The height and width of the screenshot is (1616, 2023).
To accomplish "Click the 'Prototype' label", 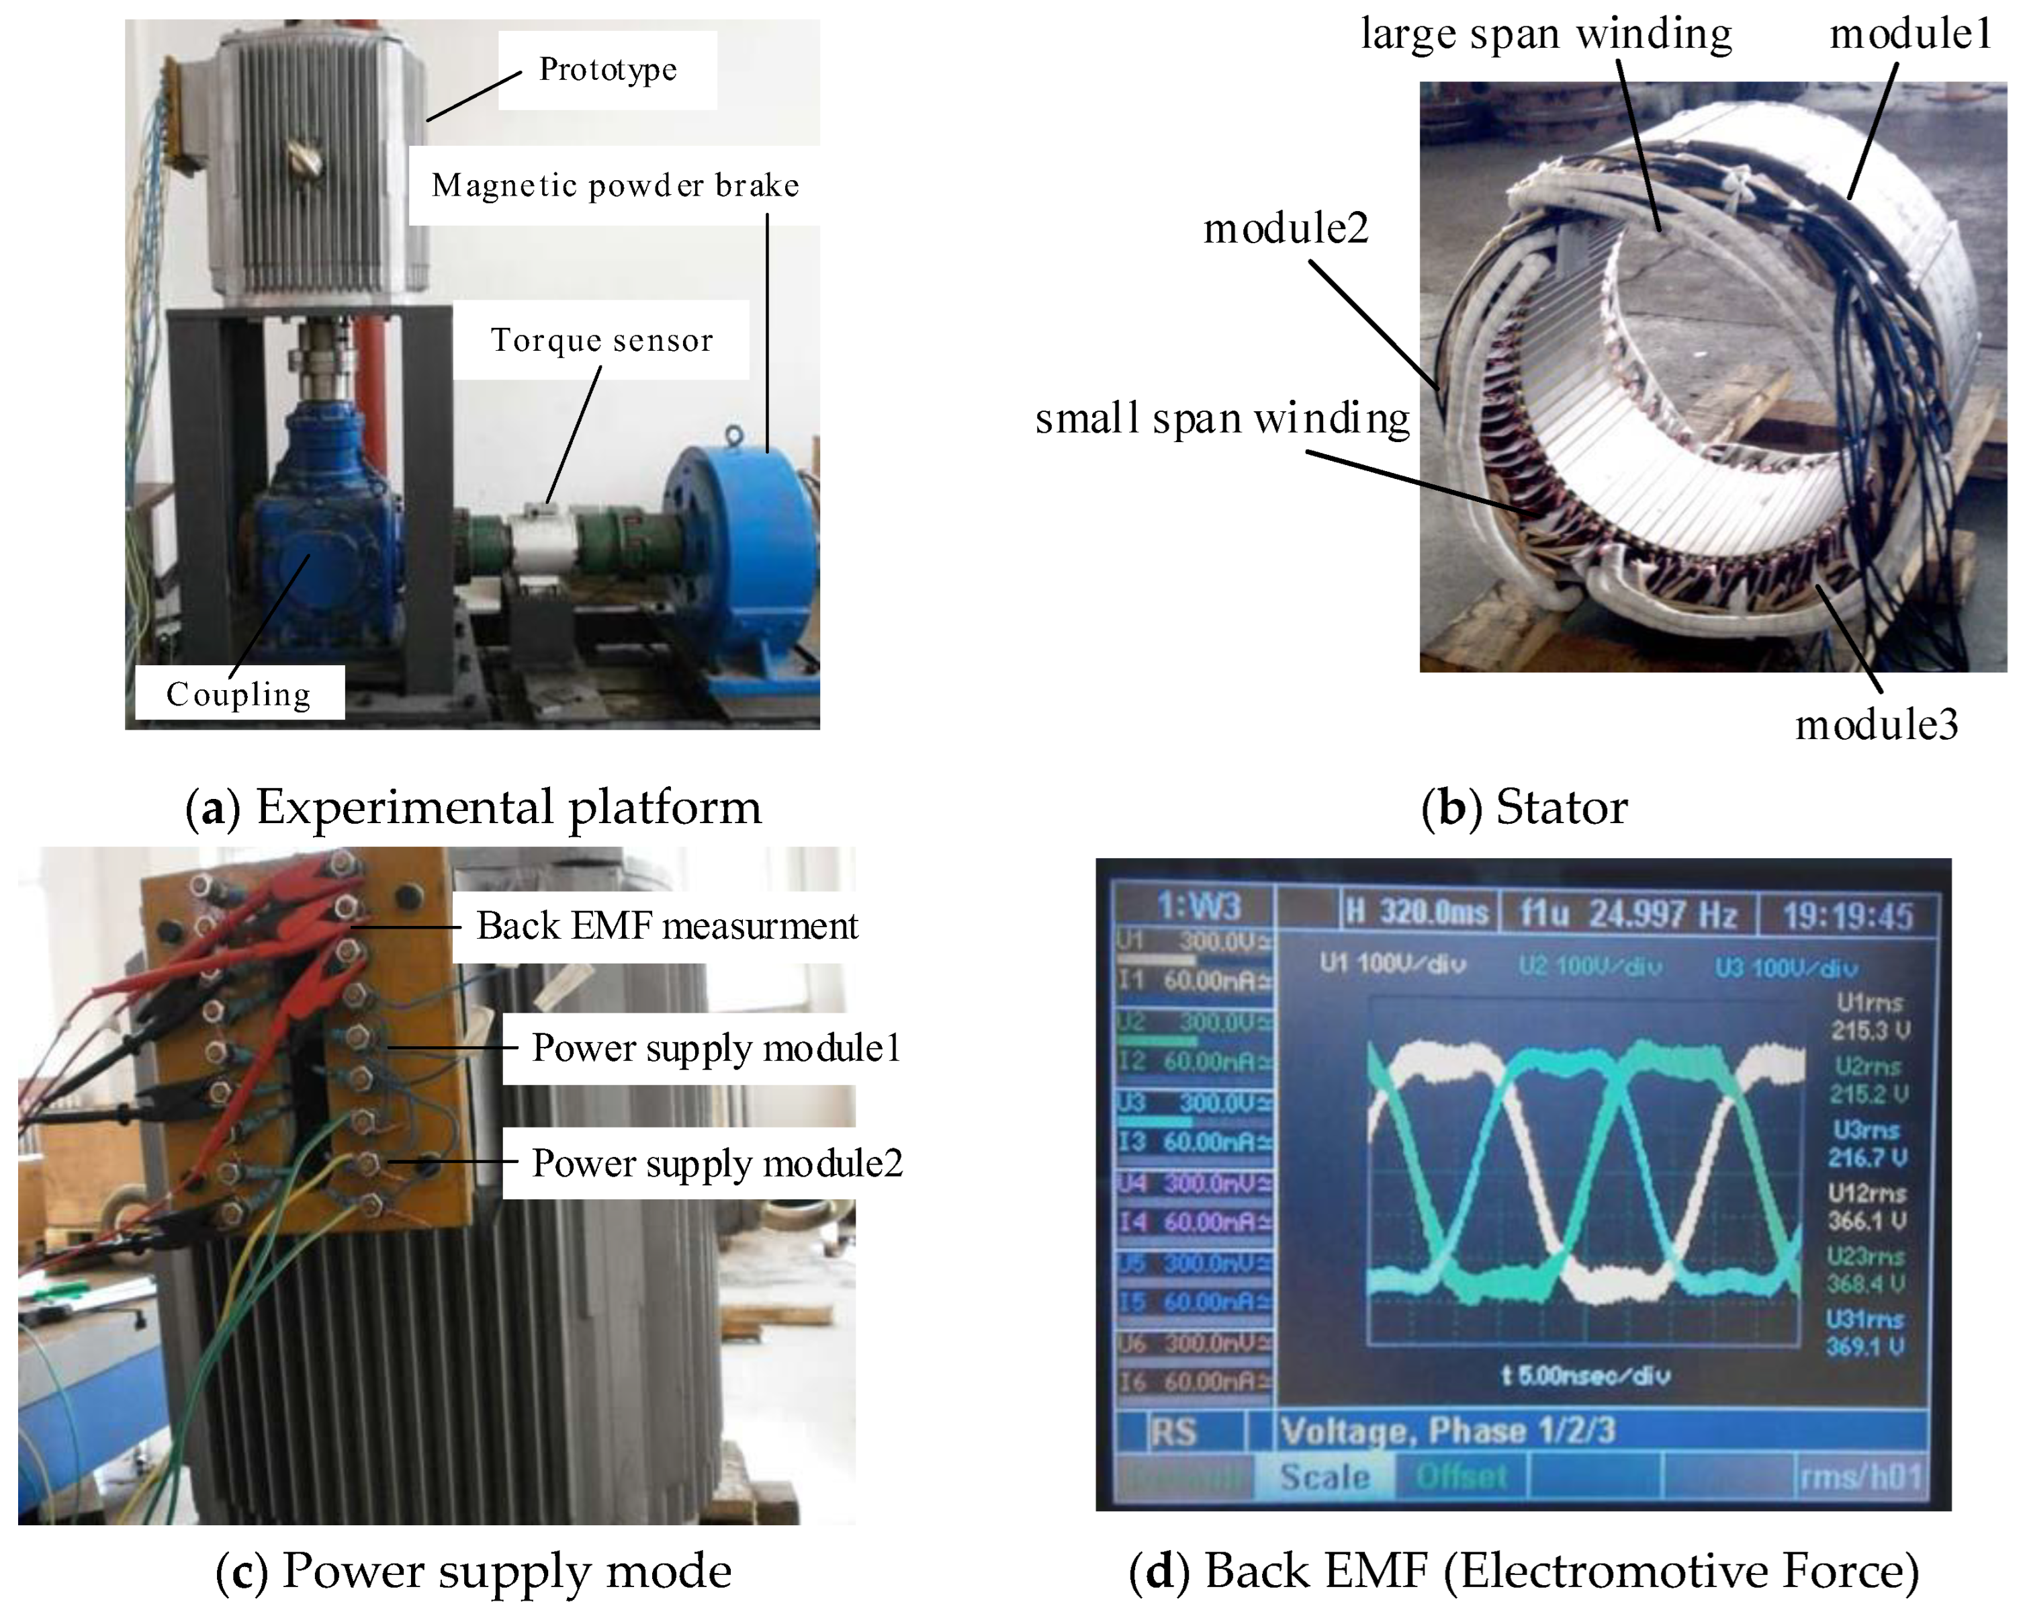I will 607,69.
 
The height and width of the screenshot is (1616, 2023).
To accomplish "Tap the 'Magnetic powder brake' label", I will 615,186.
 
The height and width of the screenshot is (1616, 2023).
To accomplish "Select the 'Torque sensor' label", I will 601,340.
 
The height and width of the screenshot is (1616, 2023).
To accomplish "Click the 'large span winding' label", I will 1545,35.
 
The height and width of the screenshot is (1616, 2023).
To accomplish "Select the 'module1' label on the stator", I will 1910,35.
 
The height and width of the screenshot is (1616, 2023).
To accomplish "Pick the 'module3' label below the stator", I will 1877,724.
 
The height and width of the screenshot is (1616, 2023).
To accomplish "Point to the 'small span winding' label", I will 1222,419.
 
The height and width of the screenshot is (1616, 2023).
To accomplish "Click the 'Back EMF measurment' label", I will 666,926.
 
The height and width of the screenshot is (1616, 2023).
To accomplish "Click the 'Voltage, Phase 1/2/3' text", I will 1448,1430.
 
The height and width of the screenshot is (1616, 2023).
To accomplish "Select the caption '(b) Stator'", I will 1525,807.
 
